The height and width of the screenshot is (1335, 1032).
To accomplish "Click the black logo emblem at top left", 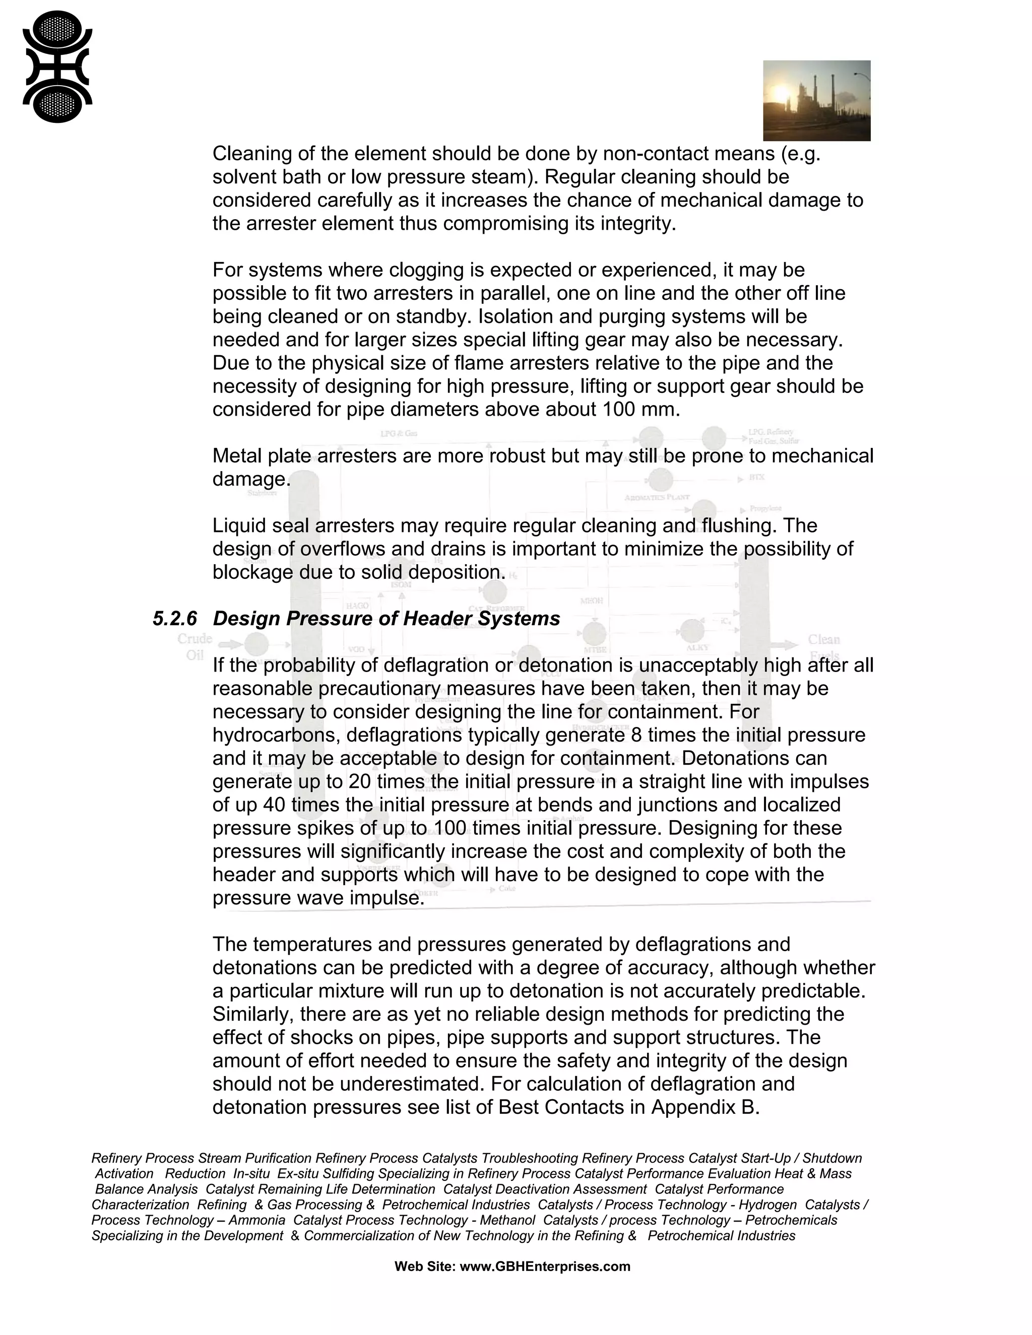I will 57,67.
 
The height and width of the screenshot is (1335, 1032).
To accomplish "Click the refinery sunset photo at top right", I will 816,100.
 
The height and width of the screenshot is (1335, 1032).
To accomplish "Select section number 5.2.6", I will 175,619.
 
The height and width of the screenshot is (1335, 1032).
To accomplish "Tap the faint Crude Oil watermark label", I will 195,647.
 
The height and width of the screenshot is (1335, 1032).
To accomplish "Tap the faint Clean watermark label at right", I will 823,640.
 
